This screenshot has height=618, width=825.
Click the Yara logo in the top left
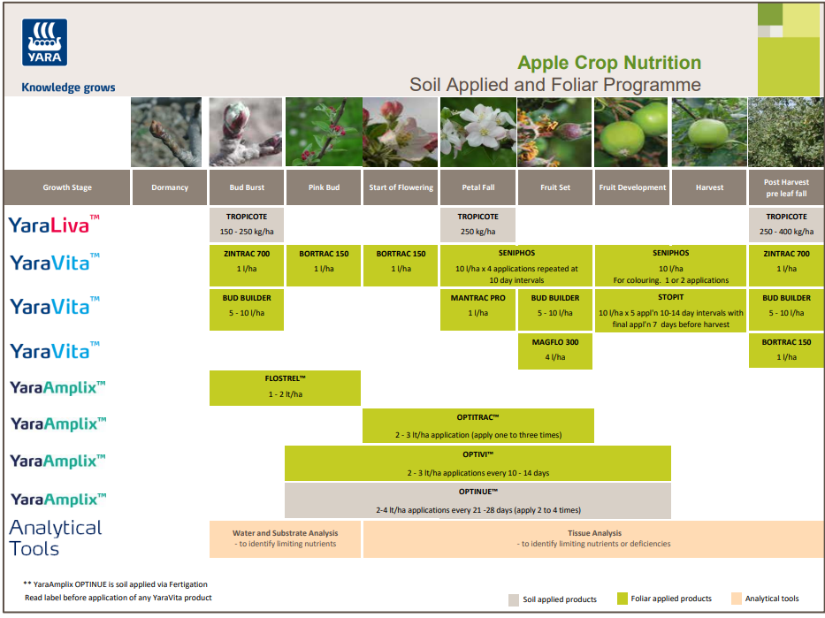[44, 43]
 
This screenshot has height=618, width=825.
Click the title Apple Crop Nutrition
[609, 63]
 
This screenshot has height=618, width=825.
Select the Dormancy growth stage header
[170, 187]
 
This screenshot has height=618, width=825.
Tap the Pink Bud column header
[323, 187]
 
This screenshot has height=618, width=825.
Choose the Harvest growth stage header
[709, 187]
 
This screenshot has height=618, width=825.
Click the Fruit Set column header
[555, 187]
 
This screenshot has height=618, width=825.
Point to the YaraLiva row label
[54, 224]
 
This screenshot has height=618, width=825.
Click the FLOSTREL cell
[285, 386]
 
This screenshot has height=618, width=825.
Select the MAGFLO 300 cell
[555, 349]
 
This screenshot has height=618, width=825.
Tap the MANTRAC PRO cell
[477, 305]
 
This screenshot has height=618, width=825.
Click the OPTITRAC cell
[477, 424]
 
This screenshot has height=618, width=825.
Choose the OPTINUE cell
[477, 500]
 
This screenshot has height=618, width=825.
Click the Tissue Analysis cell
[593, 538]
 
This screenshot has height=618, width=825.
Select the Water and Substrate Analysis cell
[285, 538]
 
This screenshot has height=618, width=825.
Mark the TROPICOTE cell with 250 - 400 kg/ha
[786, 224]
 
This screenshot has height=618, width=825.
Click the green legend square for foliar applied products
[623, 599]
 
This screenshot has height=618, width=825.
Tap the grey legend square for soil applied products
[513, 599]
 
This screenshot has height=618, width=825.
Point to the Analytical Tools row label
[56, 538]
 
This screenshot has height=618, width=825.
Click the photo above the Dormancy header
[170, 132]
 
